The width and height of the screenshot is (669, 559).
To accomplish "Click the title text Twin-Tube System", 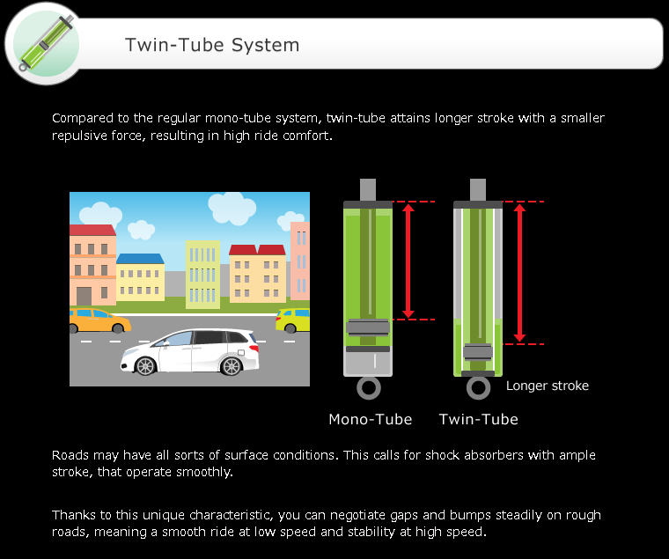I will click(x=212, y=45).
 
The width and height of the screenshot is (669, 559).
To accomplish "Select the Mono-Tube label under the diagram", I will click(x=370, y=419).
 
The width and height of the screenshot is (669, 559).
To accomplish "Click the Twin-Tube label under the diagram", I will click(x=478, y=419).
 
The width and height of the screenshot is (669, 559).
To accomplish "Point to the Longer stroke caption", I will click(x=548, y=386).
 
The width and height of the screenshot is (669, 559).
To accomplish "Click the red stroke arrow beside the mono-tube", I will click(x=408, y=261).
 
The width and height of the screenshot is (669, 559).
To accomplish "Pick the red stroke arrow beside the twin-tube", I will click(x=519, y=273).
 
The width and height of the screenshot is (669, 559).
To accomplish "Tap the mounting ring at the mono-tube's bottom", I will click(x=369, y=388).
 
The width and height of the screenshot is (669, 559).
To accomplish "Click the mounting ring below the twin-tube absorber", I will click(x=479, y=388).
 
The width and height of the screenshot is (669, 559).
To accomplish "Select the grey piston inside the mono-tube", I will click(x=369, y=327).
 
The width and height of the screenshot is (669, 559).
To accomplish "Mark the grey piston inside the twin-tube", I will click(x=478, y=352).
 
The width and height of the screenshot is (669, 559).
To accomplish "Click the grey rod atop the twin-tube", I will click(x=478, y=189).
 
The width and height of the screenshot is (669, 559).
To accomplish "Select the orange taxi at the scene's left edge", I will click(x=97, y=320).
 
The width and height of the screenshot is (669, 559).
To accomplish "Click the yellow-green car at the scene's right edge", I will click(x=293, y=320).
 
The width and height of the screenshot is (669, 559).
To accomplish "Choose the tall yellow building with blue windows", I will click(x=203, y=273).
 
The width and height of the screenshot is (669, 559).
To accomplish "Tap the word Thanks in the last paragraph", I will click(x=73, y=515).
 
